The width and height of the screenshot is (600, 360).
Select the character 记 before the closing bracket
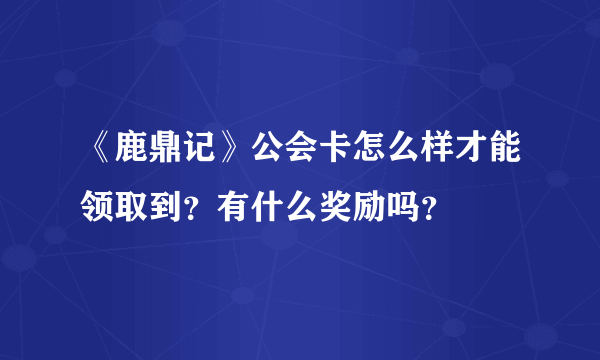pos(202,157)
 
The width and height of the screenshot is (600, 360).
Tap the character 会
pos(304,157)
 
